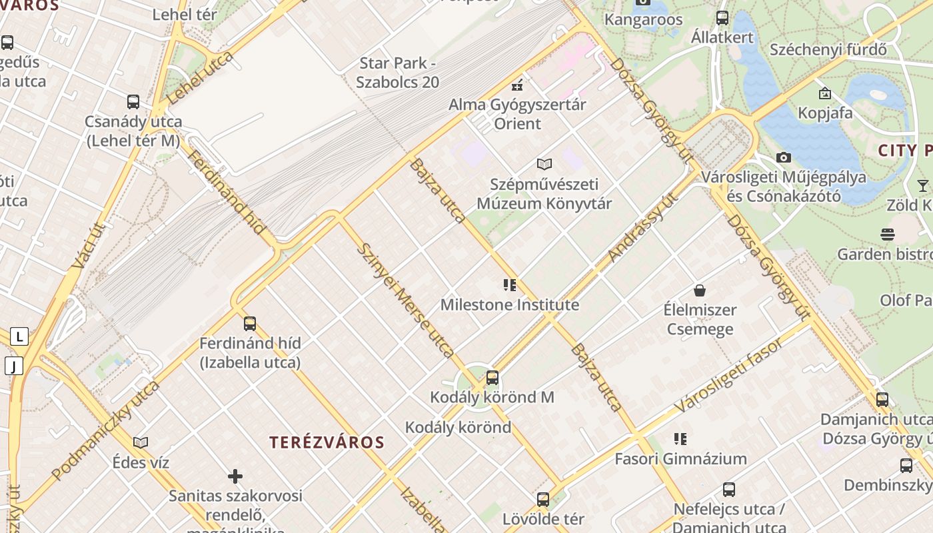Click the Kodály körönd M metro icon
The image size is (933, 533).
pyautogui.click(x=492, y=378)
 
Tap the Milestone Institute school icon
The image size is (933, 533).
pyautogui.click(x=510, y=286)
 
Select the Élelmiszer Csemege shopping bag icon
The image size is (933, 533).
pyautogui.click(x=700, y=290)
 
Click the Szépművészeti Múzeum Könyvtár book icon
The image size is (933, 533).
pyautogui.click(x=544, y=164)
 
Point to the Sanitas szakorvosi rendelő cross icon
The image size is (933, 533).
pyautogui.click(x=235, y=476)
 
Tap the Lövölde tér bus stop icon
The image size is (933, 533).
pyautogui.click(x=543, y=499)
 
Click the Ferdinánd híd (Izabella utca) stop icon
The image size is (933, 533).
pyautogui.click(x=250, y=324)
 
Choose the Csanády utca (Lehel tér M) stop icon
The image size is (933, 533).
pyautogui.click(x=133, y=102)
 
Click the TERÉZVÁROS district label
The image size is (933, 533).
pyautogui.click(x=327, y=442)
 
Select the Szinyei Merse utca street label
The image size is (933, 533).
pyautogui.click(x=407, y=300)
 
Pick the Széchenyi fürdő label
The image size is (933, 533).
pyautogui.click(x=828, y=49)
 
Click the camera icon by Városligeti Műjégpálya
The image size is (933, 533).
pyautogui.click(x=784, y=158)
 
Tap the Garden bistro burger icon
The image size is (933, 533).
pyautogui.click(x=887, y=235)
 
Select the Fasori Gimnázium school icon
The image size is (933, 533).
pyautogui.click(x=680, y=439)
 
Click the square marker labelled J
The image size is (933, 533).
pyautogui.click(x=14, y=365)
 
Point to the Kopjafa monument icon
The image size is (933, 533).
pyautogui.click(x=825, y=93)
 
